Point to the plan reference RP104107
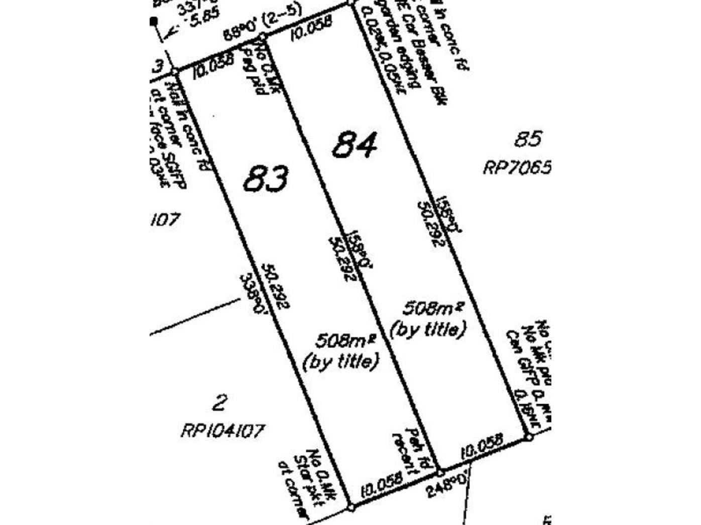pos(222,431)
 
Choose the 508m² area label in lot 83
pos(345,341)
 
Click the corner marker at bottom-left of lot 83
pos(352,508)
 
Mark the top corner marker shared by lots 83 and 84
pos(262,37)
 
